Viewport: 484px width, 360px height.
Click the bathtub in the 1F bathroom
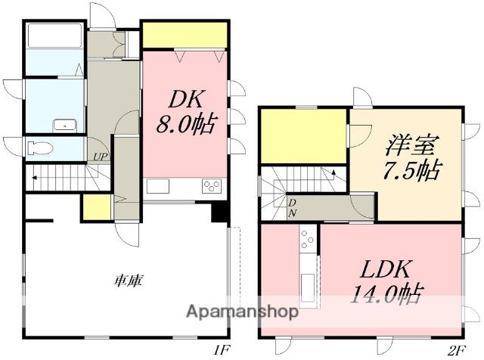[54, 36]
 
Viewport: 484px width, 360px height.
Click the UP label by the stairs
[100, 157]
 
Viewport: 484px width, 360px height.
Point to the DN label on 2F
[292, 209]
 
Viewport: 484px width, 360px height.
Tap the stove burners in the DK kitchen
[211, 187]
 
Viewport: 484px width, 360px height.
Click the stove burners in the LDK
[308, 241]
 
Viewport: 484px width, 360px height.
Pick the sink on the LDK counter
[309, 286]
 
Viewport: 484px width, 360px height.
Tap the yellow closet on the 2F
[303, 135]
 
